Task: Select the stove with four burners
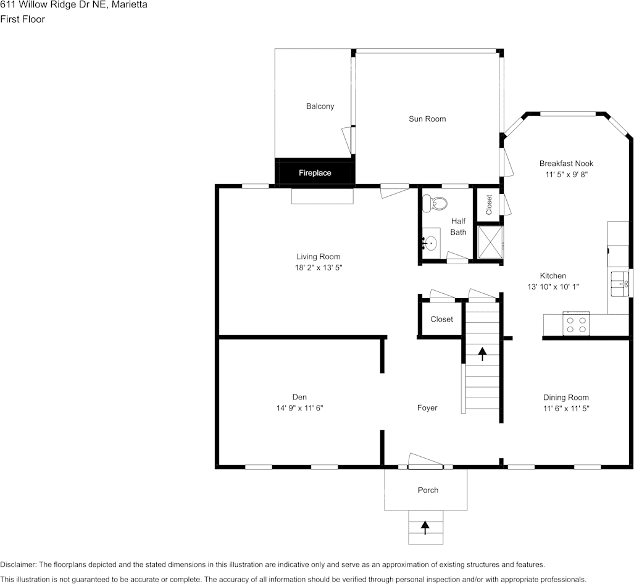point(577,325)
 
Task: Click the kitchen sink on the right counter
point(620,284)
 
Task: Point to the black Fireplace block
point(315,173)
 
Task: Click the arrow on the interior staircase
point(482,354)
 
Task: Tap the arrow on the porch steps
point(425,527)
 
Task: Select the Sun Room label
point(427,119)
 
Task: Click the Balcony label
point(320,106)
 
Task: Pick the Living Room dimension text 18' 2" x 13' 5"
point(318,268)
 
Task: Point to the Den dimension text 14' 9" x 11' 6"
point(299,407)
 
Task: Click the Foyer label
point(427,407)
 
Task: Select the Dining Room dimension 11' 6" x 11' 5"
point(565,408)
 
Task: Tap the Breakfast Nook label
point(566,164)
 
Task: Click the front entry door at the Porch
point(425,461)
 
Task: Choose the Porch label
point(428,490)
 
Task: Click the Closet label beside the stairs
point(441,319)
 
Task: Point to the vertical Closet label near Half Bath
point(489,204)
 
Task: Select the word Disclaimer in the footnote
point(18,564)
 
